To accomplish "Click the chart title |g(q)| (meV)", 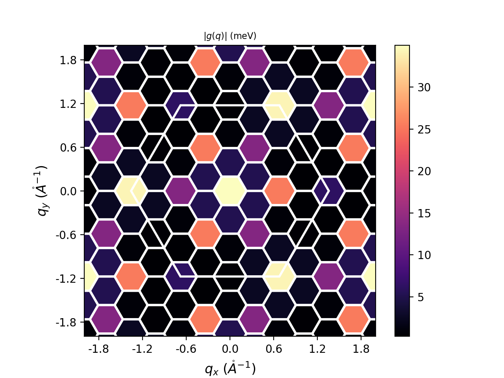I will pyautogui.click(x=230, y=36).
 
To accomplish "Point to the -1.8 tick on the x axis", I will pyautogui.click(x=98, y=349).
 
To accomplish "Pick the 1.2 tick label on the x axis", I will pyautogui.click(x=317, y=349).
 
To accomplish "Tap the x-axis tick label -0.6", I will pyautogui.click(x=186, y=349).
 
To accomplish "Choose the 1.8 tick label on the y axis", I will pyautogui.click(x=69, y=60).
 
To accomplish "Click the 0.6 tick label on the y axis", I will pyautogui.click(x=69, y=148).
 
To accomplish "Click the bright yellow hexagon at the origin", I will pyautogui.click(x=230, y=191).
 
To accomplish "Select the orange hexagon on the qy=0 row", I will pyautogui.click(x=279, y=191).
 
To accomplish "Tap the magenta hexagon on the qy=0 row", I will pyautogui.click(x=181, y=191).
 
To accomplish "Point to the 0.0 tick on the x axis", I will pyautogui.click(x=230, y=349).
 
